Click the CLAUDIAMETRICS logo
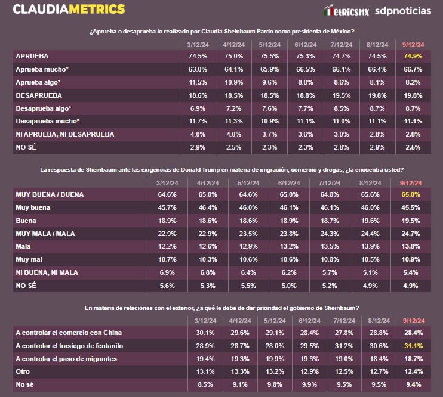[69, 10]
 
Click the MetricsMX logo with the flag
[346, 11]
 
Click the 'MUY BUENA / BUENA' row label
[50, 195]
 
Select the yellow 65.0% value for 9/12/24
[411, 195]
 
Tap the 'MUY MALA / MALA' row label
[45, 234]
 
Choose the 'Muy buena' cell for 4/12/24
[204, 208]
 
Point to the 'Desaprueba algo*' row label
[44, 108]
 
